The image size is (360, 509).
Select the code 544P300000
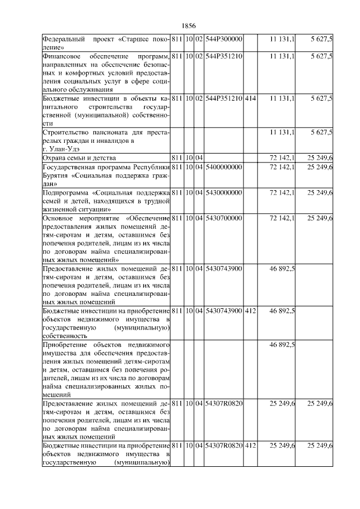point(223,39)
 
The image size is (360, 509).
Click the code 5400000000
point(223,166)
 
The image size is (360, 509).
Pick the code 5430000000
point(223,192)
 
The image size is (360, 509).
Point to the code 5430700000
point(223,217)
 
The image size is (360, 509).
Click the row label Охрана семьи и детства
point(78,157)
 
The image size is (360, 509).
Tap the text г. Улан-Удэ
point(61,148)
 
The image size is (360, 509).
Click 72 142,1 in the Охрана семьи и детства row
point(282,157)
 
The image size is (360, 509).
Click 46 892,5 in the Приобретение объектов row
point(282,344)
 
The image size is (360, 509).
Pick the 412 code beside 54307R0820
point(250,445)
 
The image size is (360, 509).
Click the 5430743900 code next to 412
point(223,310)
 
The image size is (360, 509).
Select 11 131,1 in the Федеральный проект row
point(282,39)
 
